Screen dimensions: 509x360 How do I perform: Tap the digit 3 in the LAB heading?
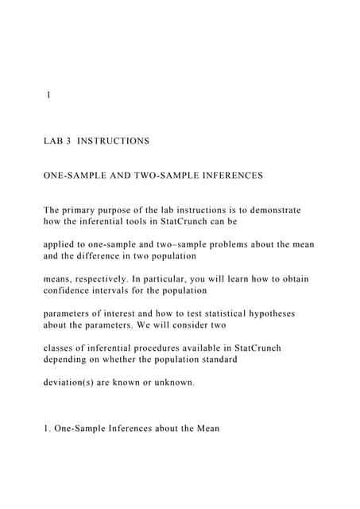pyautogui.click(x=70, y=141)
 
